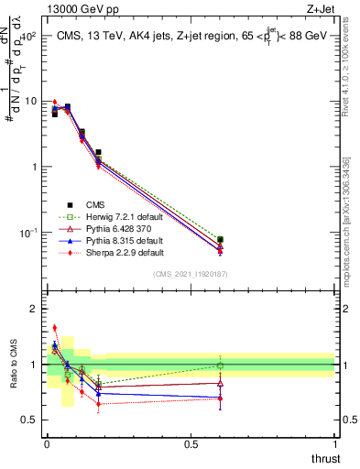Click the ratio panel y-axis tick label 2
click(x=32, y=309)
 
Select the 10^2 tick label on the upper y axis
click(x=27, y=36)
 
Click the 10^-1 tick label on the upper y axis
click(x=27, y=233)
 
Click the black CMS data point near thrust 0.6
click(x=220, y=240)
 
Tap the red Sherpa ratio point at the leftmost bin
click(x=54, y=327)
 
